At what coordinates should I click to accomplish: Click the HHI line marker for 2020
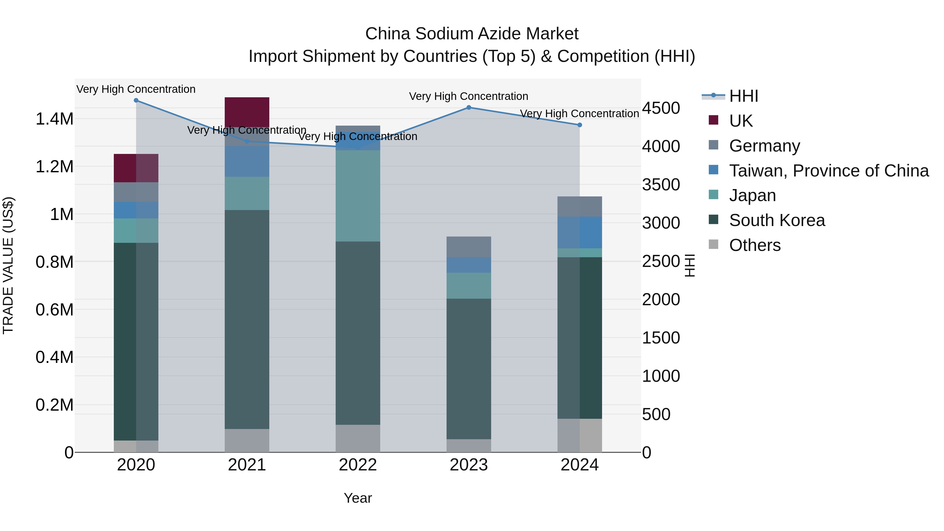pos(136,100)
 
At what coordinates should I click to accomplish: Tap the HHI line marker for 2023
pos(469,107)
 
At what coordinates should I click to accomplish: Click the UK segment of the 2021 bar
pos(247,112)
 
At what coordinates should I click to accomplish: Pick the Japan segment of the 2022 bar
pos(358,196)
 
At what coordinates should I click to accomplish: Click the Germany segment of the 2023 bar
pos(469,247)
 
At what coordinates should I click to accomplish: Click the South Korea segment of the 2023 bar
pos(469,368)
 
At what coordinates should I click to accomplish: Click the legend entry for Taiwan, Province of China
pos(828,171)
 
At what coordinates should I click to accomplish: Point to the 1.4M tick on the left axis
pos(54,119)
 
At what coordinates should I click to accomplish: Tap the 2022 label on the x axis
pos(358,465)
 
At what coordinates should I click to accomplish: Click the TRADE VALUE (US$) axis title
pos(8,265)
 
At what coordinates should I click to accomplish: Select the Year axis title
pos(358,498)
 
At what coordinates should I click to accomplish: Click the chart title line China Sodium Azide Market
pos(472,34)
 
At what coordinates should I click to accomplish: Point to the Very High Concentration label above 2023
pos(468,96)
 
